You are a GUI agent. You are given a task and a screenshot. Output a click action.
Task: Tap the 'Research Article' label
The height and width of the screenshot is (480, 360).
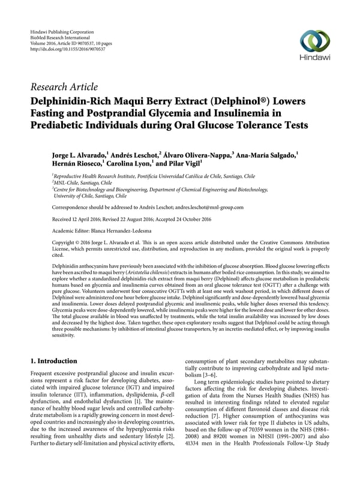click(67, 87)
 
